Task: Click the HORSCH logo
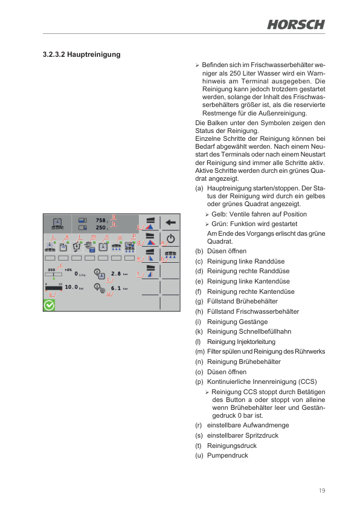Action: (296, 24)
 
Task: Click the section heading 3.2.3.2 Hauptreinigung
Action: (82, 55)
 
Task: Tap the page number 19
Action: (322, 490)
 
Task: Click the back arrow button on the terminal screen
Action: (170, 222)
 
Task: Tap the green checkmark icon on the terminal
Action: (49, 305)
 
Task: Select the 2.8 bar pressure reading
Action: (117, 273)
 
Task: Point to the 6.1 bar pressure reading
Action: (117, 288)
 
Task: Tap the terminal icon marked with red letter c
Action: (150, 224)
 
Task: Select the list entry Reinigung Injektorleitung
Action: (240, 342)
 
